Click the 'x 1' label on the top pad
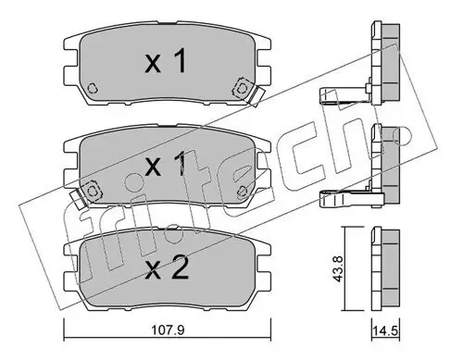(168, 63)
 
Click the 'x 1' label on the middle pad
(168, 167)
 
